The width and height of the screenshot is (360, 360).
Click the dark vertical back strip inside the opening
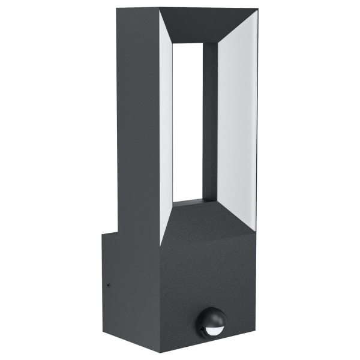pyautogui.click(x=209, y=120)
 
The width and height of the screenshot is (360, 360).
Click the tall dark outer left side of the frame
pyautogui.click(x=138, y=120)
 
